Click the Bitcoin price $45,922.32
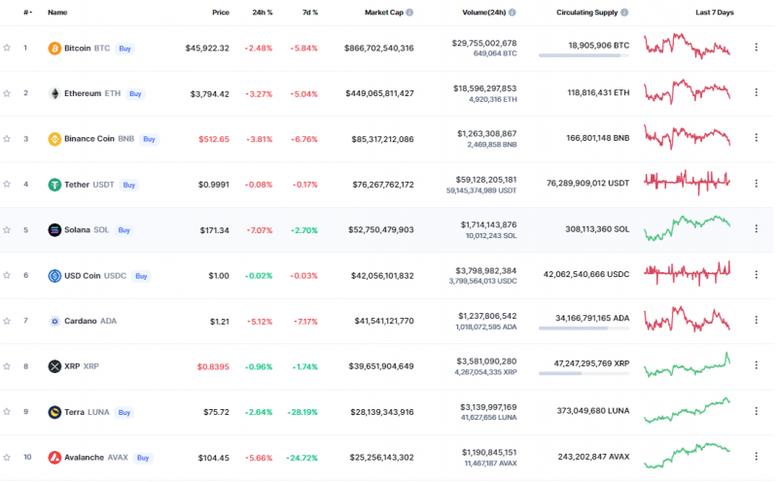coord(207,48)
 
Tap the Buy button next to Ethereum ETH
coord(136,93)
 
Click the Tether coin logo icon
coord(54,185)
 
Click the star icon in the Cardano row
coord(7,321)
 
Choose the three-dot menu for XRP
coord(756,366)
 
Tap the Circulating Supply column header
coord(589,13)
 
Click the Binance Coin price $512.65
coord(213,139)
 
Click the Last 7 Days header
coord(715,13)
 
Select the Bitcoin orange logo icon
coord(54,48)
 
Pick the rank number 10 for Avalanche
coord(26,458)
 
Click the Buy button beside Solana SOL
coord(124,230)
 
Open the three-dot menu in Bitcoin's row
coord(756,48)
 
